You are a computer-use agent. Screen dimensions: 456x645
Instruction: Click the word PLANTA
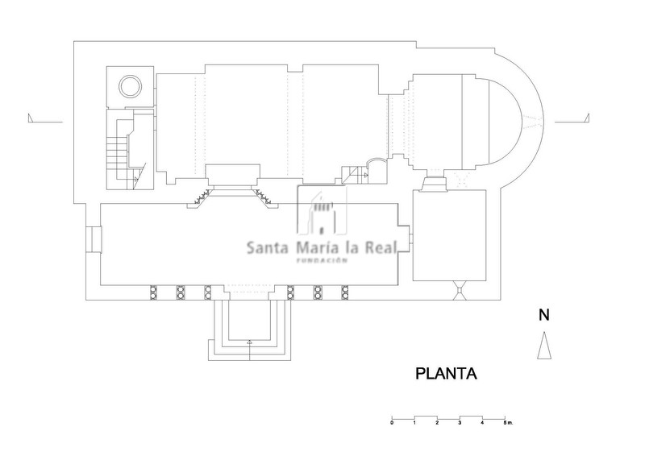pos(447,375)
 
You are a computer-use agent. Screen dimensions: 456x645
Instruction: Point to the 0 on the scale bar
pos(392,422)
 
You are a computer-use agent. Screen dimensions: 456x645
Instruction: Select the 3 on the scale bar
pos(460,422)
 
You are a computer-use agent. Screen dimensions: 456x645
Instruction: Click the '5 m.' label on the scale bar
pos(506,422)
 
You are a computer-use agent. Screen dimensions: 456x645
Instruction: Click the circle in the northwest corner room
pos(129,85)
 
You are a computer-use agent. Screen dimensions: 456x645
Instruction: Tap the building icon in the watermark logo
pos(322,213)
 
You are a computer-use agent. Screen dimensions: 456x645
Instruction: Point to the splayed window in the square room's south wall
pos(459,288)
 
